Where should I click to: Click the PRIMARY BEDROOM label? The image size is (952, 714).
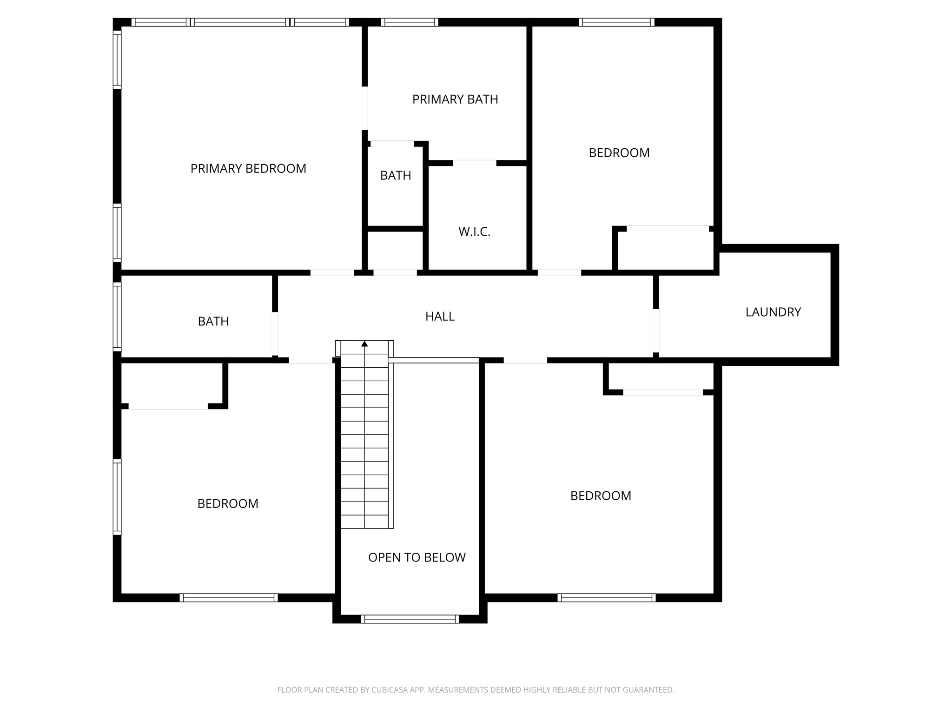248,169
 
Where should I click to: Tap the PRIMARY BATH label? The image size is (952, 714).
455,99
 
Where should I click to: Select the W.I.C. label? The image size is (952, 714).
474,232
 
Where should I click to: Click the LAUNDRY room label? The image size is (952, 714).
773,312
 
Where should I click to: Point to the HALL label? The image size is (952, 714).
439,317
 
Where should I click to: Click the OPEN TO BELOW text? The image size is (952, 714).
416,557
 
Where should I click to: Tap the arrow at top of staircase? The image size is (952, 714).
364,344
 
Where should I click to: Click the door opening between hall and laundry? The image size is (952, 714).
656,331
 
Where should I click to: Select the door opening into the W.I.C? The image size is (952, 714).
474,163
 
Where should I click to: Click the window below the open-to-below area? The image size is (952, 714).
410,619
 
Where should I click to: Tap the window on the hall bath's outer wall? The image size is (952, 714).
117,316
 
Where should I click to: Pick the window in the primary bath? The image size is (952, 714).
410,22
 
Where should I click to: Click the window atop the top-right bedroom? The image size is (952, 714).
616,22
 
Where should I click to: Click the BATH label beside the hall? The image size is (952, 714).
213,322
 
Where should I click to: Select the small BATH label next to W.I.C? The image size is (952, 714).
396,176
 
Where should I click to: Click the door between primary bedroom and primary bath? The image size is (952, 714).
365,108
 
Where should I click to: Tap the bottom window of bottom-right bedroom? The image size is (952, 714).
607,598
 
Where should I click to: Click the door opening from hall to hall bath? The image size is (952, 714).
275,334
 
